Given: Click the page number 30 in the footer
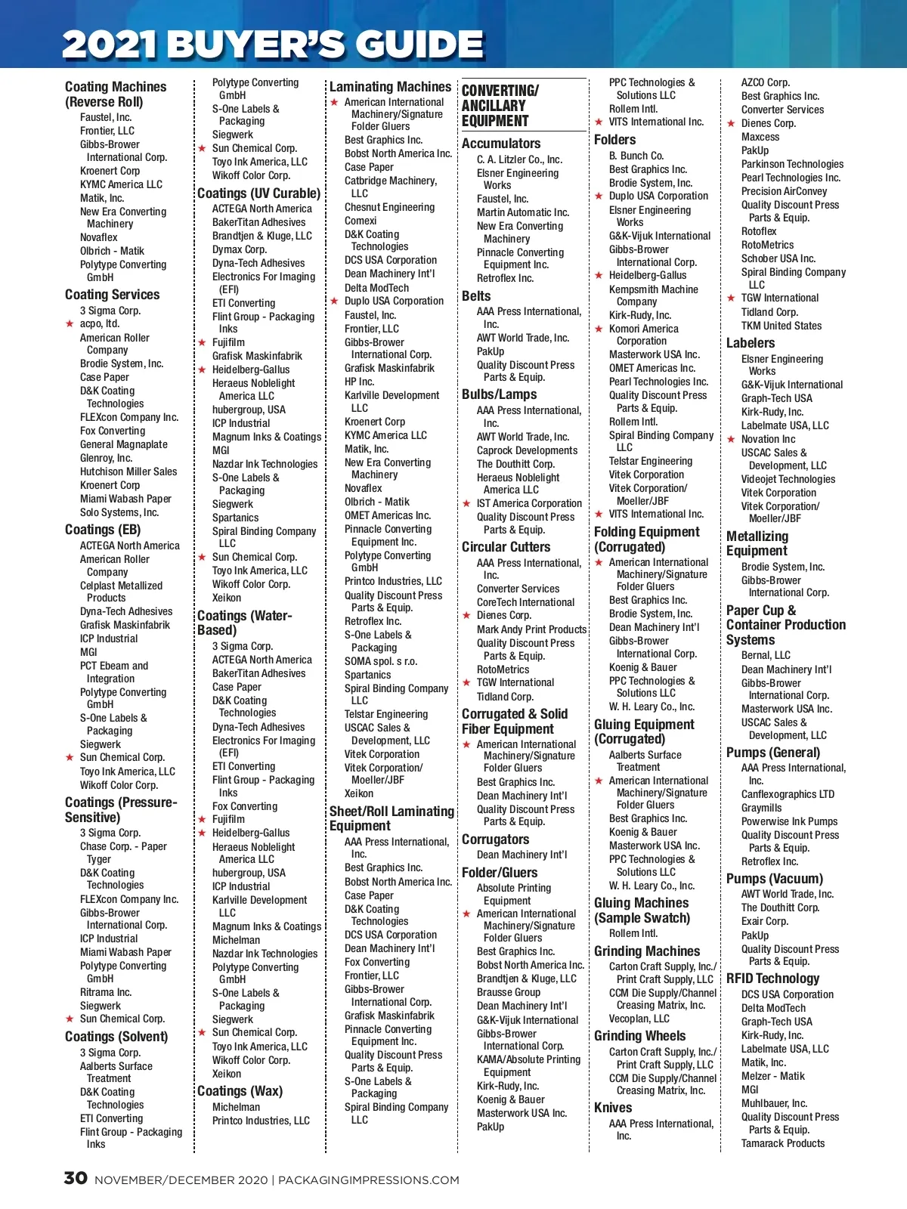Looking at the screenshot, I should click(x=76, y=1178).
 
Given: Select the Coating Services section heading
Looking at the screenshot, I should click(x=112, y=295).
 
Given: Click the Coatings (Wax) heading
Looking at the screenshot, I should click(x=240, y=1091).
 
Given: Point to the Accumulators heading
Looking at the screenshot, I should click(x=501, y=144).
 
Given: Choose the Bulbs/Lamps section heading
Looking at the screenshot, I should click(x=499, y=394).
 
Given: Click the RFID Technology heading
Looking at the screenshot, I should click(x=772, y=979).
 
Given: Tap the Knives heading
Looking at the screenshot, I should click(x=613, y=1108).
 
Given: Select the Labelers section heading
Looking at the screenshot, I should click(x=751, y=343).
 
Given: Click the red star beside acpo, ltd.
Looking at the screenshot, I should click(x=70, y=324).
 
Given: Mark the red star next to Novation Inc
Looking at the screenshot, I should click(x=731, y=439).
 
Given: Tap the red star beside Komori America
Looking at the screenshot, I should click(x=599, y=329).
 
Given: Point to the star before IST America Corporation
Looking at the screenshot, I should click(x=466, y=503).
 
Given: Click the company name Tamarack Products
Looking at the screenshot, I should click(x=783, y=1143).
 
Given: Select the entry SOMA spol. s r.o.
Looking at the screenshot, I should click(x=380, y=661).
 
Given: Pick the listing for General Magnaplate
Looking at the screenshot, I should click(x=124, y=444).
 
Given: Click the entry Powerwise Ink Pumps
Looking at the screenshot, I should click(x=789, y=821).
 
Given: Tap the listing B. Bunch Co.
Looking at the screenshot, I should click(x=636, y=156).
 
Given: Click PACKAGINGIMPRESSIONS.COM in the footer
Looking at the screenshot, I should click(x=369, y=1180).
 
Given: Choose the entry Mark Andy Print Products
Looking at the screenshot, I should click(x=531, y=629).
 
